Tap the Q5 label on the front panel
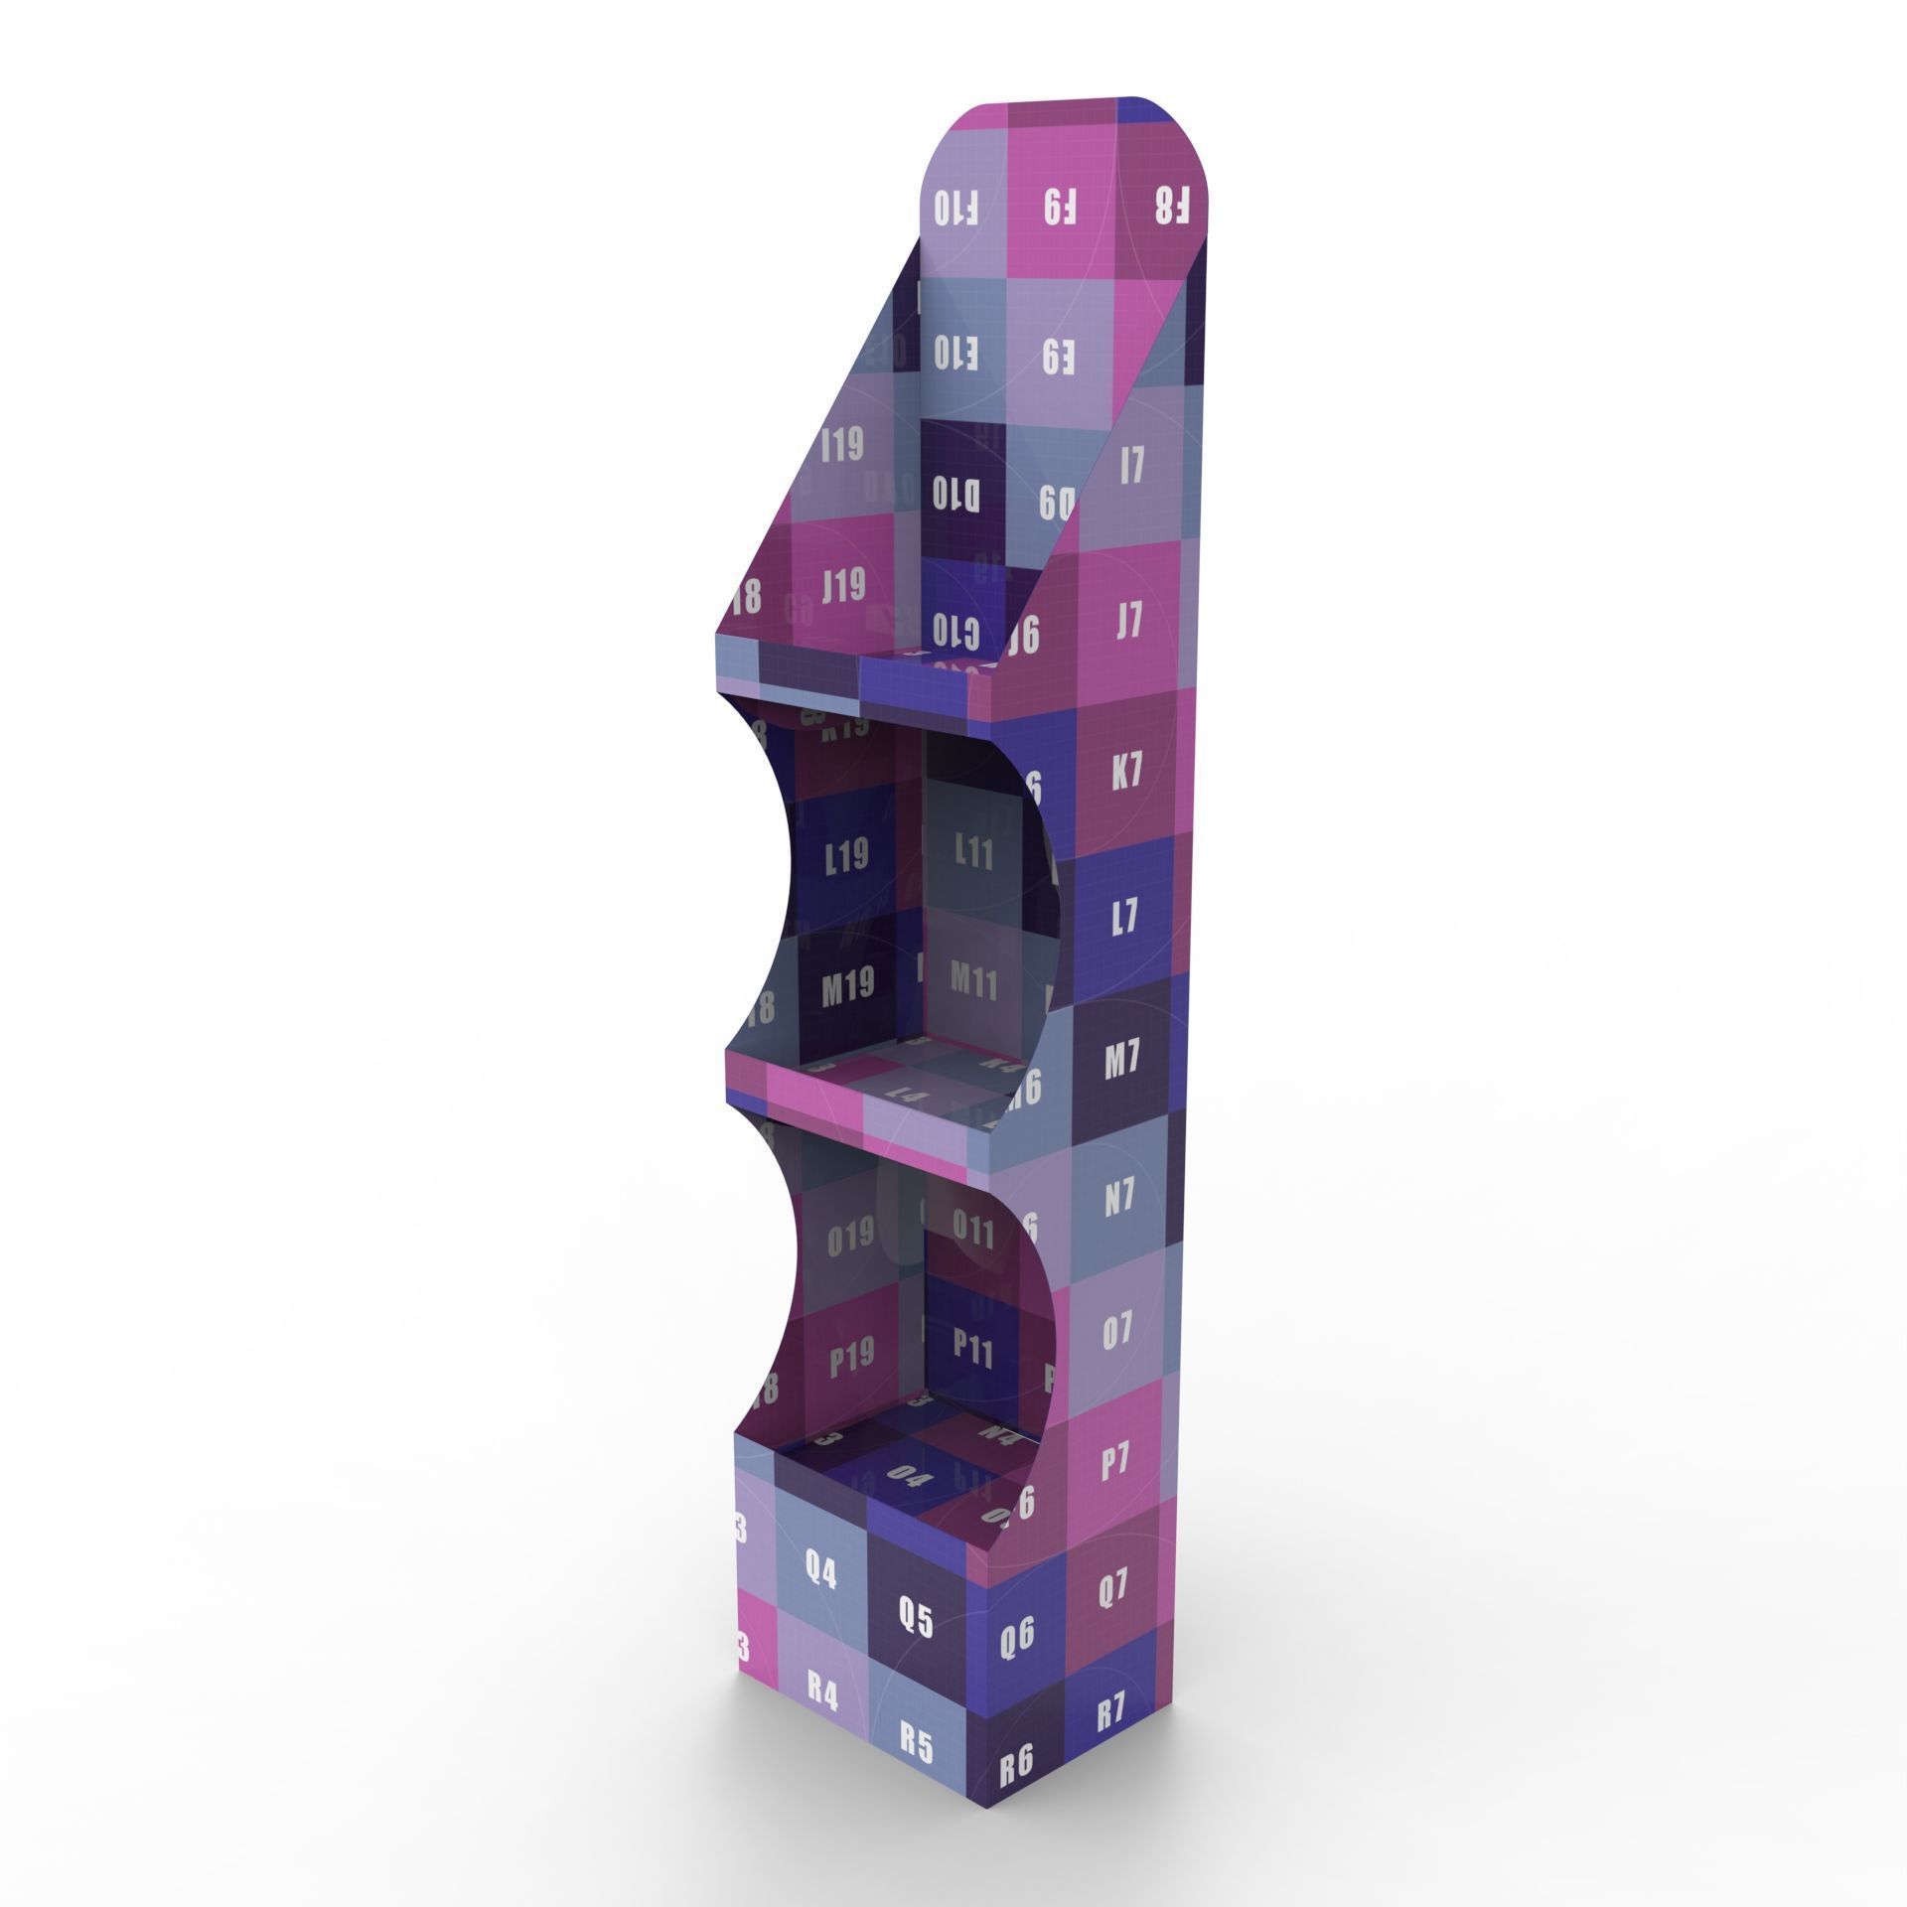click(x=913, y=1620)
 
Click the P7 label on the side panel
click(x=1115, y=1461)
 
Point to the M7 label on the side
click(x=1121, y=1063)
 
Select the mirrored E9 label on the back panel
click(x=1059, y=356)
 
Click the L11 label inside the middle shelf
click(x=973, y=850)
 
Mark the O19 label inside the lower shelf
click(x=850, y=1235)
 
